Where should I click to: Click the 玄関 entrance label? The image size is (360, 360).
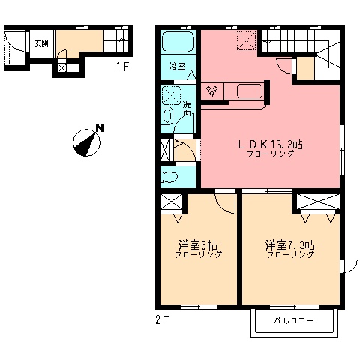[x=41, y=43]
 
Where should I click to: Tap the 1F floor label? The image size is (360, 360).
[x=122, y=67]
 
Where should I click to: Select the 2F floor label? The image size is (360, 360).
[x=163, y=320]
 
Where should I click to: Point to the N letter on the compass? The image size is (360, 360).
[x=100, y=127]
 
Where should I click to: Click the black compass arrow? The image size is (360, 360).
[x=87, y=145]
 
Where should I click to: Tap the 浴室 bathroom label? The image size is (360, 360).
[x=177, y=66]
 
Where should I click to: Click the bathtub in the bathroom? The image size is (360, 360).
[x=178, y=42]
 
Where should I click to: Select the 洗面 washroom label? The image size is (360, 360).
[x=187, y=109]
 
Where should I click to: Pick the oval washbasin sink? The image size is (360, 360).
[x=167, y=116]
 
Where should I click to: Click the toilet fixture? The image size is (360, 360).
[x=168, y=178]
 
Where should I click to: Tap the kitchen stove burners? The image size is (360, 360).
[x=212, y=90]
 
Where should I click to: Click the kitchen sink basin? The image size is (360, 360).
[x=250, y=91]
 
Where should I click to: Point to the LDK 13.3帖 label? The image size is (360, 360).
[x=271, y=145]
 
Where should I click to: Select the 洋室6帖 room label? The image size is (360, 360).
[x=197, y=245]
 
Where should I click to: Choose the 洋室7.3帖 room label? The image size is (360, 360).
[x=290, y=245]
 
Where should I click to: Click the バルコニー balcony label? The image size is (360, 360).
[x=293, y=320]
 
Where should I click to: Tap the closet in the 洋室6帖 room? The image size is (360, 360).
[x=171, y=202]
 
